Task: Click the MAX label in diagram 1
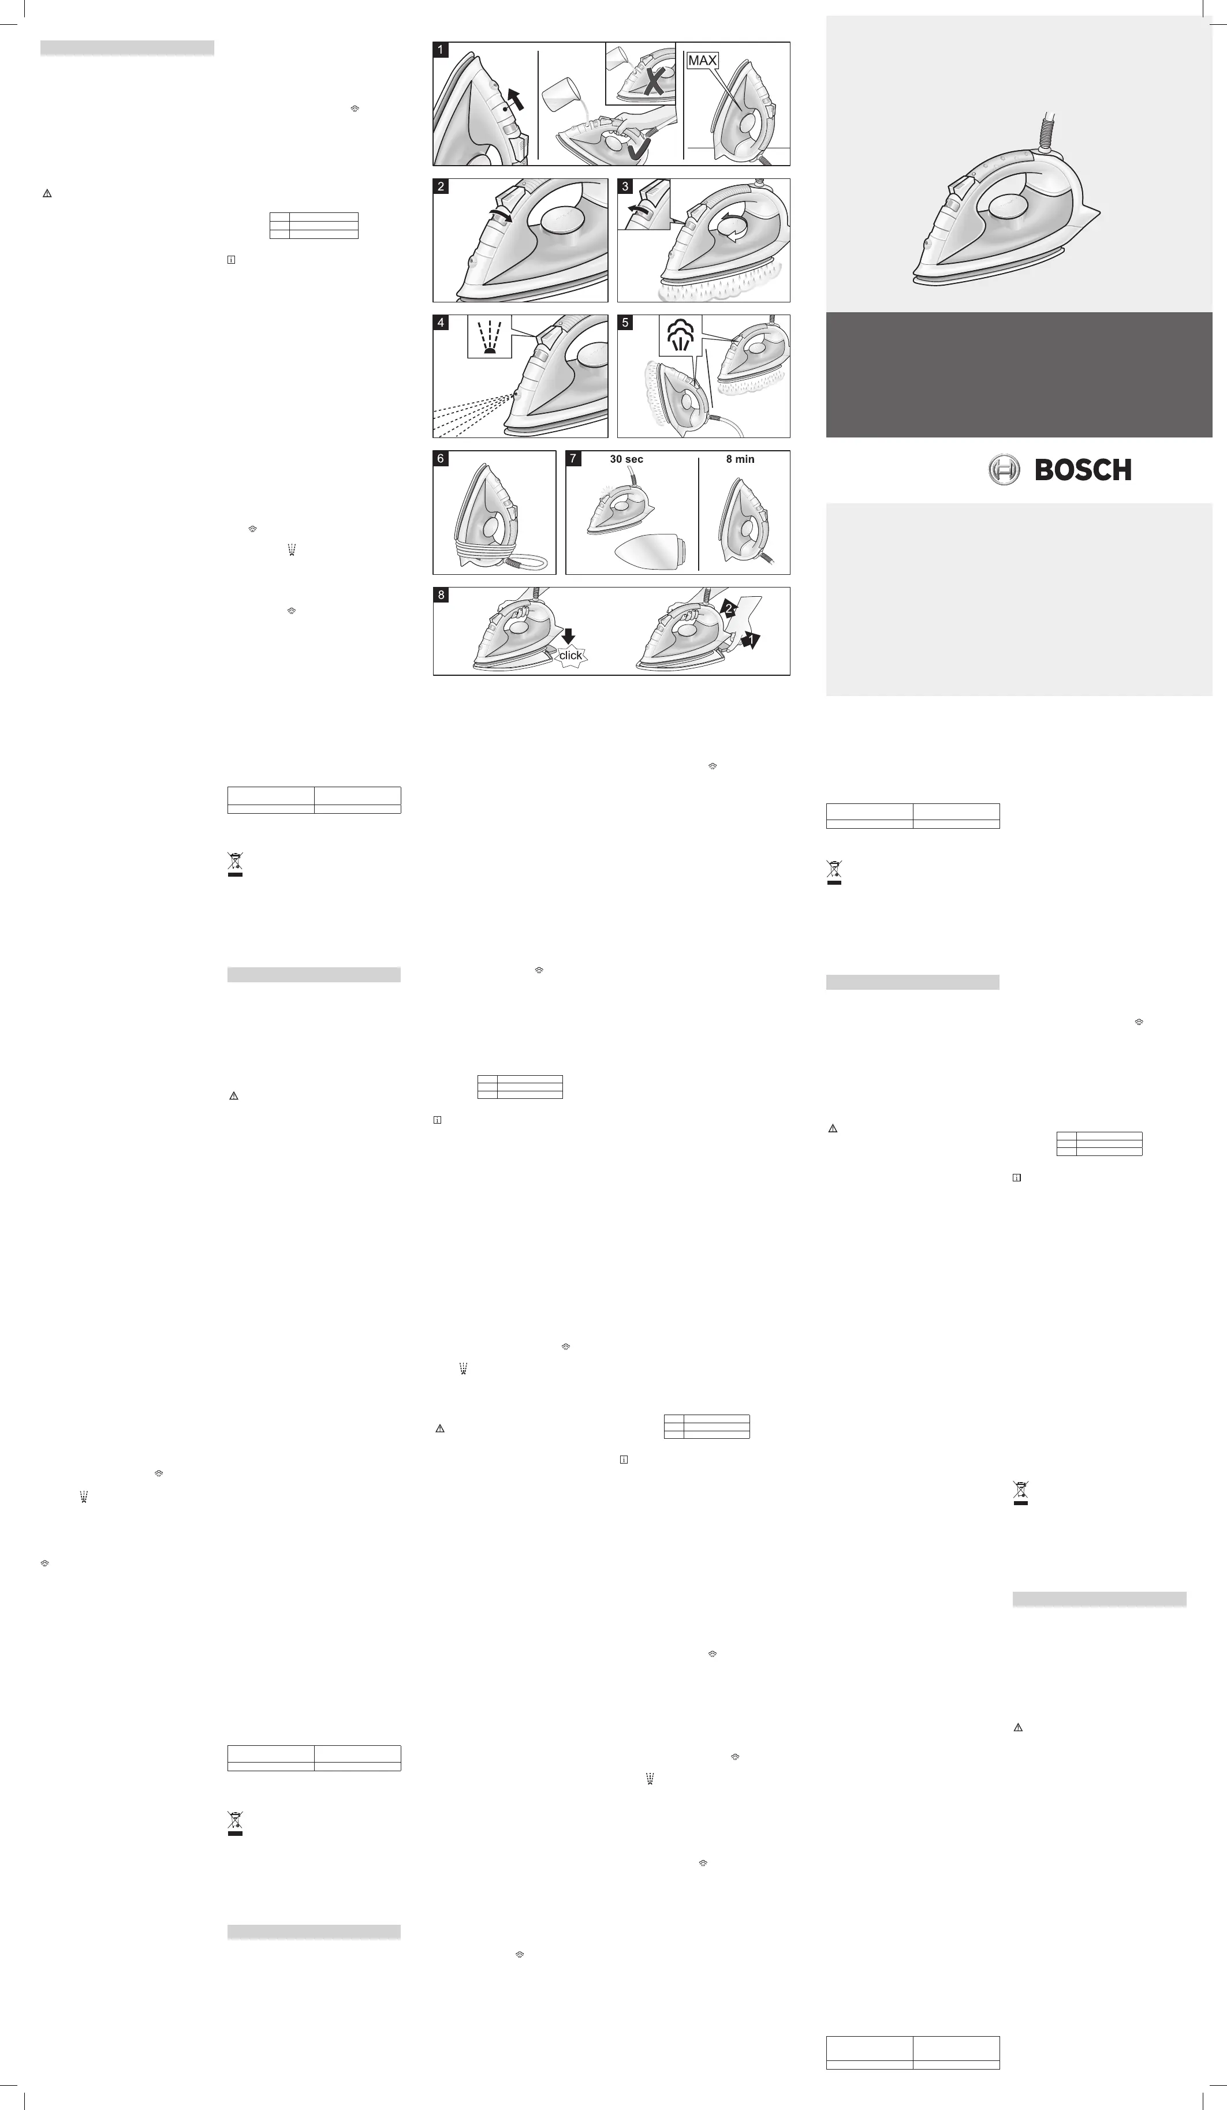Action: point(702,60)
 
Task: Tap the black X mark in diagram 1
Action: point(653,80)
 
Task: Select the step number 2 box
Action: point(441,186)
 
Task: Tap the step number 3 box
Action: point(625,186)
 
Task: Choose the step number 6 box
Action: point(441,459)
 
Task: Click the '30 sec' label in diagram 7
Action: point(626,459)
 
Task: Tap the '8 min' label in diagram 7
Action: point(740,459)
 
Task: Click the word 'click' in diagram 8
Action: point(570,655)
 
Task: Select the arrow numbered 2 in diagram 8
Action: point(729,609)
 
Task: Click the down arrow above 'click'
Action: point(569,637)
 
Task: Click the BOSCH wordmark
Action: point(1083,470)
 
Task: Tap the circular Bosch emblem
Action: point(1004,470)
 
